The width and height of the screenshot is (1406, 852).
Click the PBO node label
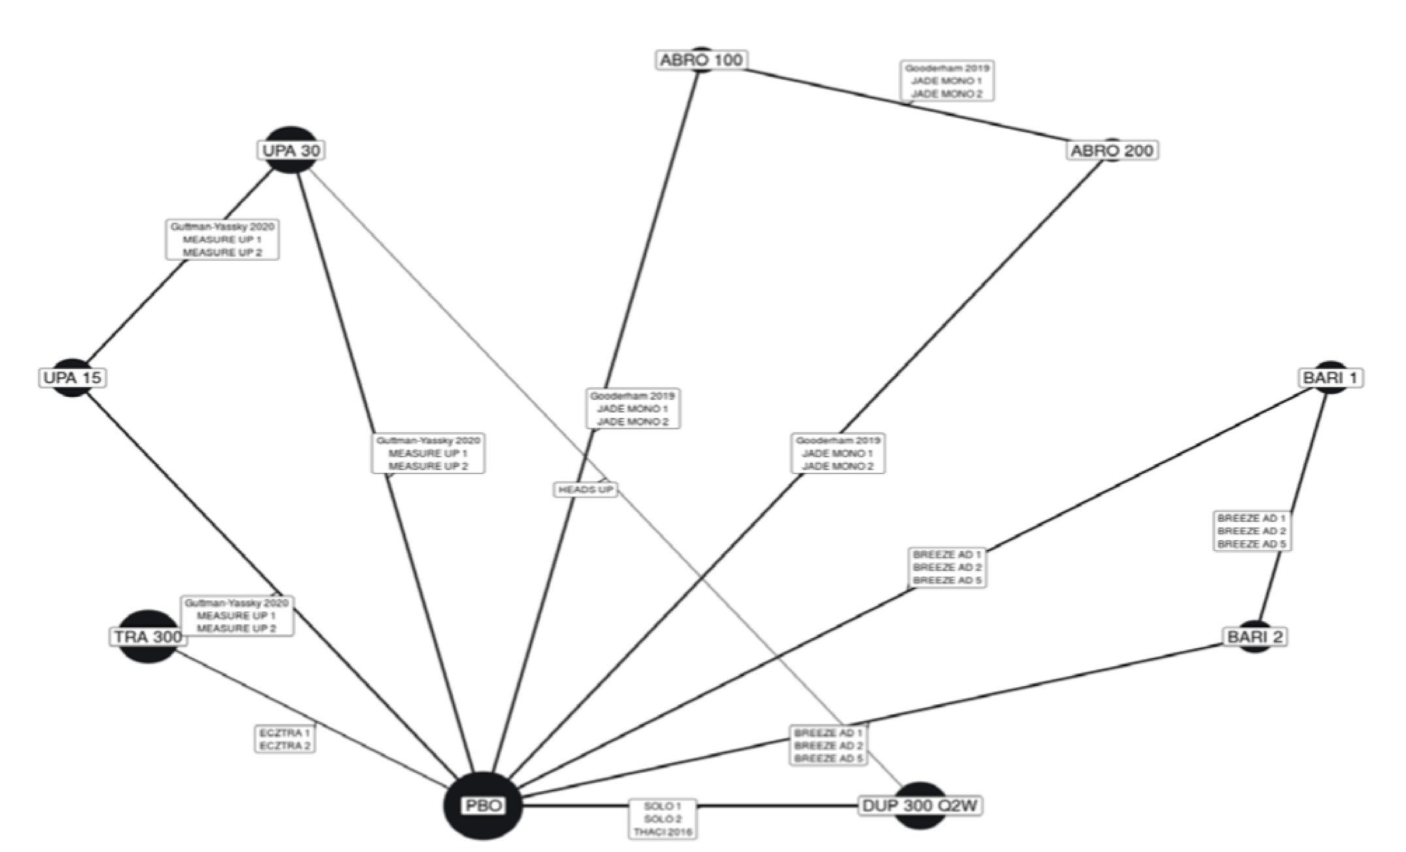click(483, 805)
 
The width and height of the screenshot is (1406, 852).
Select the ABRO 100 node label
click(701, 60)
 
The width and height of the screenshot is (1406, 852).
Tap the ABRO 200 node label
click(1111, 150)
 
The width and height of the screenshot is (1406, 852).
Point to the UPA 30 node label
click(291, 150)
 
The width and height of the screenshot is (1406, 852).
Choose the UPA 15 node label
click(73, 378)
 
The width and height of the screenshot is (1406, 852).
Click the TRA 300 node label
click(148, 636)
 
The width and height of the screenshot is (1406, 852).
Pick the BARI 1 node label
click(1330, 378)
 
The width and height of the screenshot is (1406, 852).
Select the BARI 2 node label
click(1254, 637)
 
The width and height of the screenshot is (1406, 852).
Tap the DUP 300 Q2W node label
click(920, 806)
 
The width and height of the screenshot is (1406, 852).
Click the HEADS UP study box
click(585, 489)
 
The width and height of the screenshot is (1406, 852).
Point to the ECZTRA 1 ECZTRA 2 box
click(285, 740)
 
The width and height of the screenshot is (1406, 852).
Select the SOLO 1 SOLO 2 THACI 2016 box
click(662, 819)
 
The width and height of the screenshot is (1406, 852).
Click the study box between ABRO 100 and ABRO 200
click(947, 81)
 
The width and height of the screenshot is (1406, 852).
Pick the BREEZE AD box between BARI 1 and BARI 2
click(1252, 531)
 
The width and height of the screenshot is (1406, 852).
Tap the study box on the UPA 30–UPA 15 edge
click(222, 239)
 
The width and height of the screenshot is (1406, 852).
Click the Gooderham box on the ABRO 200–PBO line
click(838, 453)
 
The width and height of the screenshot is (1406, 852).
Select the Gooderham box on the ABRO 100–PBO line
click(632, 409)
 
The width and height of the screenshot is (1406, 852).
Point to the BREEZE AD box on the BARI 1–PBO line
click(947, 568)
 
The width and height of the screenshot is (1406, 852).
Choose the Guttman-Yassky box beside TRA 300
click(237, 615)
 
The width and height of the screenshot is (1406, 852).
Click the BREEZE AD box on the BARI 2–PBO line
click(828, 745)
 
